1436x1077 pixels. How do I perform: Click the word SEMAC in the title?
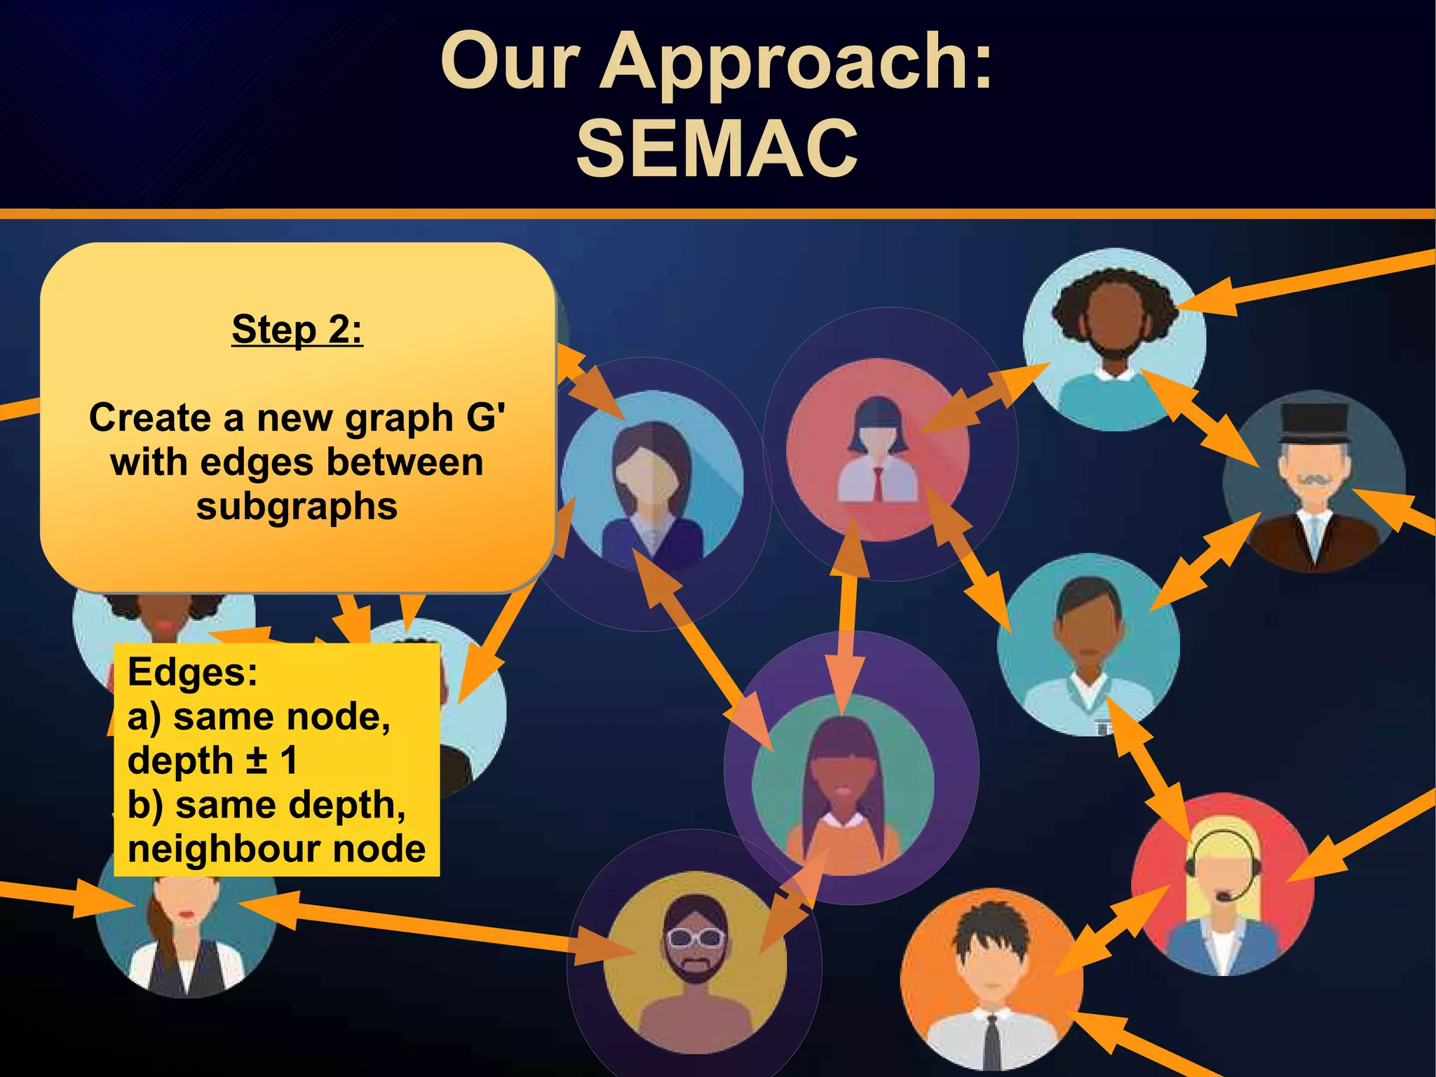pos(717,148)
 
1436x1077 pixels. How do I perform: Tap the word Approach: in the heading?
pos(796,63)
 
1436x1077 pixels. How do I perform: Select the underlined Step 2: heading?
pos(297,329)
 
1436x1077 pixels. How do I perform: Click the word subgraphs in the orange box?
pos(297,507)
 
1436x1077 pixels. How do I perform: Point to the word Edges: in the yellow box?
pos(193,671)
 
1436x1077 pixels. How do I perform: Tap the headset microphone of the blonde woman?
pos(1224,896)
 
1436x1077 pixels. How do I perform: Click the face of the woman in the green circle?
pos(842,779)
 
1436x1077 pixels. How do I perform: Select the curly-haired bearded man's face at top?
pos(1113,323)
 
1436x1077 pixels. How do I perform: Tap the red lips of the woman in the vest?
pos(186,914)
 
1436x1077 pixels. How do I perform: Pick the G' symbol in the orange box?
pos(485,417)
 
